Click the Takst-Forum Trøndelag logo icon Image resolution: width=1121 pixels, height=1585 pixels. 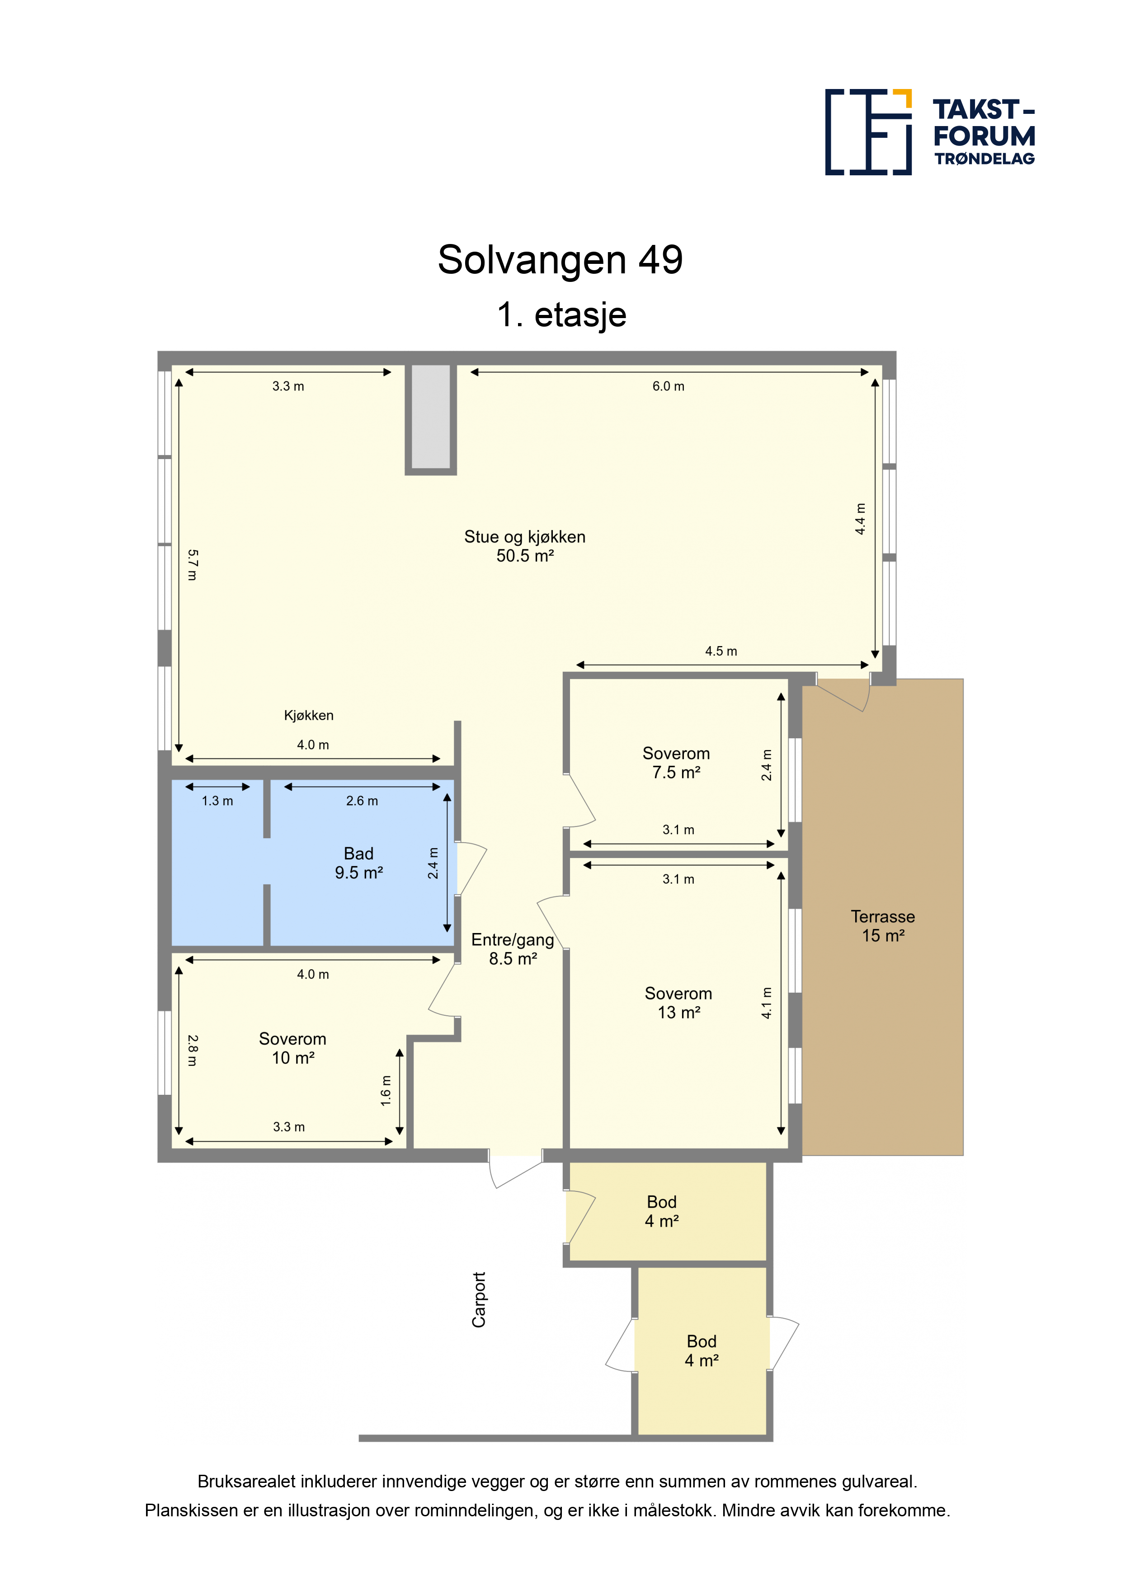click(868, 132)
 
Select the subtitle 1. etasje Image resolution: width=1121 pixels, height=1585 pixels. click(561, 315)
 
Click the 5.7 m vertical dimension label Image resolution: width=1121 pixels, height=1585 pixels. click(193, 565)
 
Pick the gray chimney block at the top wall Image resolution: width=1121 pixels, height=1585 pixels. click(431, 417)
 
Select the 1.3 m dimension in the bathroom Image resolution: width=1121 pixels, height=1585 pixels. click(217, 801)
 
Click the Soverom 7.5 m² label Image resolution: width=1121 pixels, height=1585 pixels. click(676, 763)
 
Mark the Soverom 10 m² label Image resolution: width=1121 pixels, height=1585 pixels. click(293, 1048)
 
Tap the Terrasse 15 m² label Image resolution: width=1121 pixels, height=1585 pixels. click(883, 926)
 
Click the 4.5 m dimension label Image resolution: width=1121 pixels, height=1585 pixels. click(721, 652)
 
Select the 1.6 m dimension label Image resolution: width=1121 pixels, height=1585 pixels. click(386, 1091)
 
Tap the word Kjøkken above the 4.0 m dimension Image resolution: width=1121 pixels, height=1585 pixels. click(309, 716)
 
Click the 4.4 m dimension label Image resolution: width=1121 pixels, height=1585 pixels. click(860, 519)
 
